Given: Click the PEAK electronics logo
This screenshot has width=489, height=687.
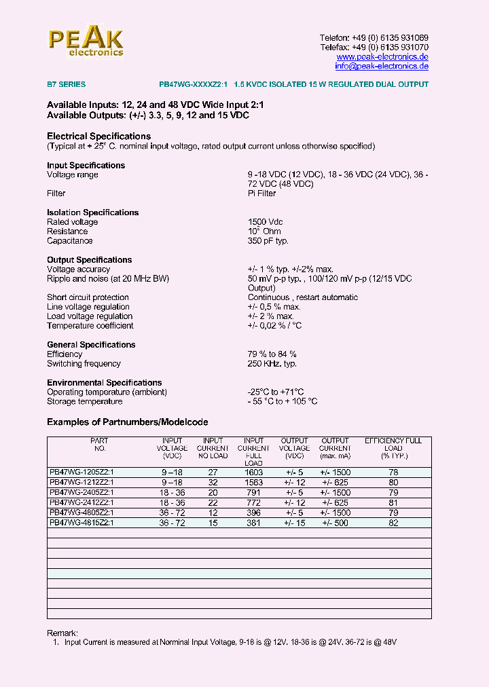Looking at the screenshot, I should tap(86, 41).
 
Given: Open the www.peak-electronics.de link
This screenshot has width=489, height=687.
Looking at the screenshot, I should tap(382, 57).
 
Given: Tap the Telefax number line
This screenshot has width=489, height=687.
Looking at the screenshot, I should tap(374, 48).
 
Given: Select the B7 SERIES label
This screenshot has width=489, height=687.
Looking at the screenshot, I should tap(66, 85).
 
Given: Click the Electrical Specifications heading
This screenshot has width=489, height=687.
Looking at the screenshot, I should tap(98, 136).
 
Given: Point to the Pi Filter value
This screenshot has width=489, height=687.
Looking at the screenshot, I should tap(261, 193).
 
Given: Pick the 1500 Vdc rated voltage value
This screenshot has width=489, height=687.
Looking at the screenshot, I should tap(266, 222).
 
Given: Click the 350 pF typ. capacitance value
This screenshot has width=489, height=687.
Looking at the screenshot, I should tap(268, 241).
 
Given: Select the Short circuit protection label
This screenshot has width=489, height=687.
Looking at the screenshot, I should tap(88, 297).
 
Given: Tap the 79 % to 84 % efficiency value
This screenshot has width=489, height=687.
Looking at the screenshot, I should tap(272, 354).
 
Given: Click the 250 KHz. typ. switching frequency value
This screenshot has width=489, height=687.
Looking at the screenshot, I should tap(272, 364).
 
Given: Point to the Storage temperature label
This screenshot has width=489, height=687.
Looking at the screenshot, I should tap(84, 402).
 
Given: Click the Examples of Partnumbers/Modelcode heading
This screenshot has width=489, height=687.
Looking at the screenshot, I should tap(127, 422).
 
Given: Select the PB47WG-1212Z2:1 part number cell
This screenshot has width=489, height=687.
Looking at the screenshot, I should tap(81, 483).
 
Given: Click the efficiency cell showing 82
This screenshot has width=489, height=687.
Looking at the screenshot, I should tap(393, 523).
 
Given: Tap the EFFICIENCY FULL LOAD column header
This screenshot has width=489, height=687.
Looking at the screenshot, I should tap(393, 448).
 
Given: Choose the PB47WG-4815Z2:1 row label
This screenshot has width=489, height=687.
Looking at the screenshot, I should tap(81, 523).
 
